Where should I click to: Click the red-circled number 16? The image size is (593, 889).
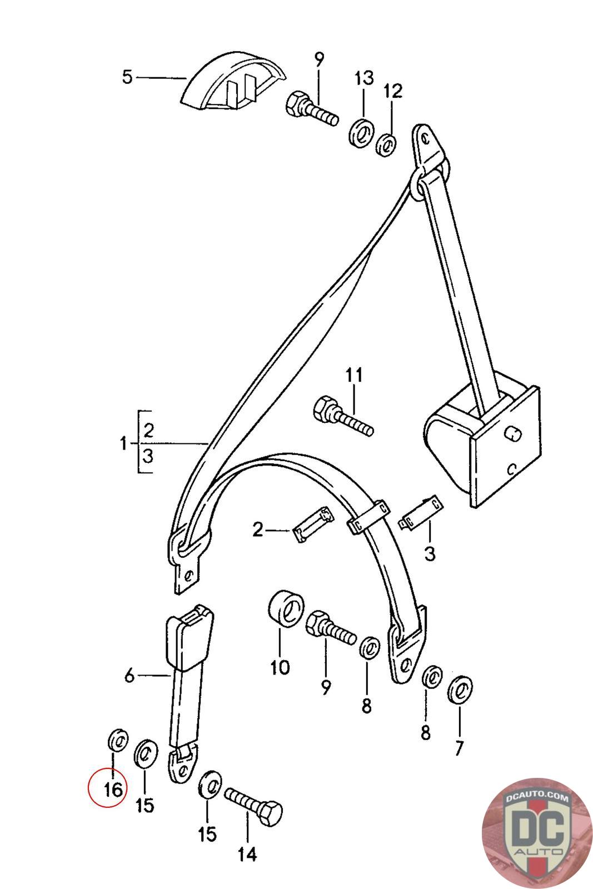click(x=113, y=790)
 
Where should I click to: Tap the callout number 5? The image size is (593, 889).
click(x=127, y=77)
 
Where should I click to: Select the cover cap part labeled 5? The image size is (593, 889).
click(x=233, y=81)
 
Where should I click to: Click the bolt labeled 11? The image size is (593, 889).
click(x=343, y=417)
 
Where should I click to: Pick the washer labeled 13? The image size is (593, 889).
click(x=362, y=132)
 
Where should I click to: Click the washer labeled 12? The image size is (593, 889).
click(x=385, y=145)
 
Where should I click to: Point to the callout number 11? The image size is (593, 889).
click(x=354, y=375)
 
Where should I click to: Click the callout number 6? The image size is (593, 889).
click(x=130, y=675)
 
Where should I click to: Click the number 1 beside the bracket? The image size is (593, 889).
click(x=124, y=443)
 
